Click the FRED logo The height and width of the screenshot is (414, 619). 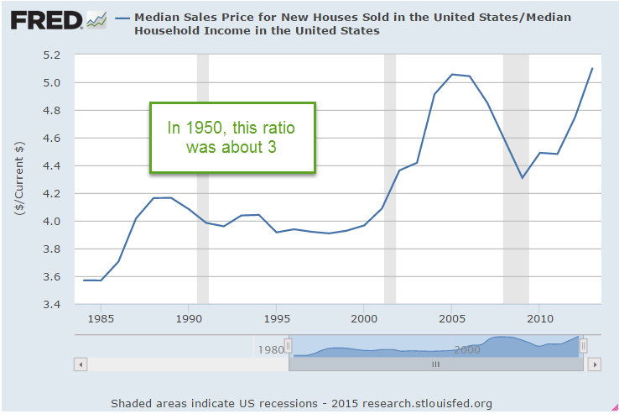click(x=49, y=20)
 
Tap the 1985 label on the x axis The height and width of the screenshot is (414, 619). click(x=101, y=320)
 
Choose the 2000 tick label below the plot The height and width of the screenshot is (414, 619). click(x=364, y=320)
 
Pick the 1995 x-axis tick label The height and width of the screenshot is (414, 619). click(x=277, y=320)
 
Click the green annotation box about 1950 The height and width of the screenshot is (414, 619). click(x=232, y=139)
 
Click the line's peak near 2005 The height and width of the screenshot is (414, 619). click(x=452, y=74)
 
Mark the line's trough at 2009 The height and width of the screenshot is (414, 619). click(x=522, y=177)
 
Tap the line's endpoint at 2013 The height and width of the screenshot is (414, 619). click(x=592, y=68)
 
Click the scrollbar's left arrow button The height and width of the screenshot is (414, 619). click(x=81, y=364)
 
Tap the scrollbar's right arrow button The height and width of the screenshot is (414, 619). click(x=594, y=364)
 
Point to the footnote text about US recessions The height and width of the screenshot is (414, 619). click(x=301, y=403)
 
